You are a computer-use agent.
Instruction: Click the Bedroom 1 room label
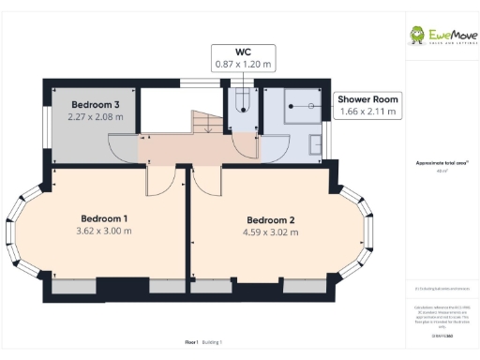coord(104,217)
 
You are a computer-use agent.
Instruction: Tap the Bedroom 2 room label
coord(271,220)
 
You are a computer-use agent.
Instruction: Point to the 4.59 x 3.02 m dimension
coord(271,233)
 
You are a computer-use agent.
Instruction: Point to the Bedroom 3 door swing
coord(124,146)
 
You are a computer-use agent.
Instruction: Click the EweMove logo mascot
coord(417,36)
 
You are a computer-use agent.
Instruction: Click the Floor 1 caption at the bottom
coord(192,343)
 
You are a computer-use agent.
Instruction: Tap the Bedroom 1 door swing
coord(159,180)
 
